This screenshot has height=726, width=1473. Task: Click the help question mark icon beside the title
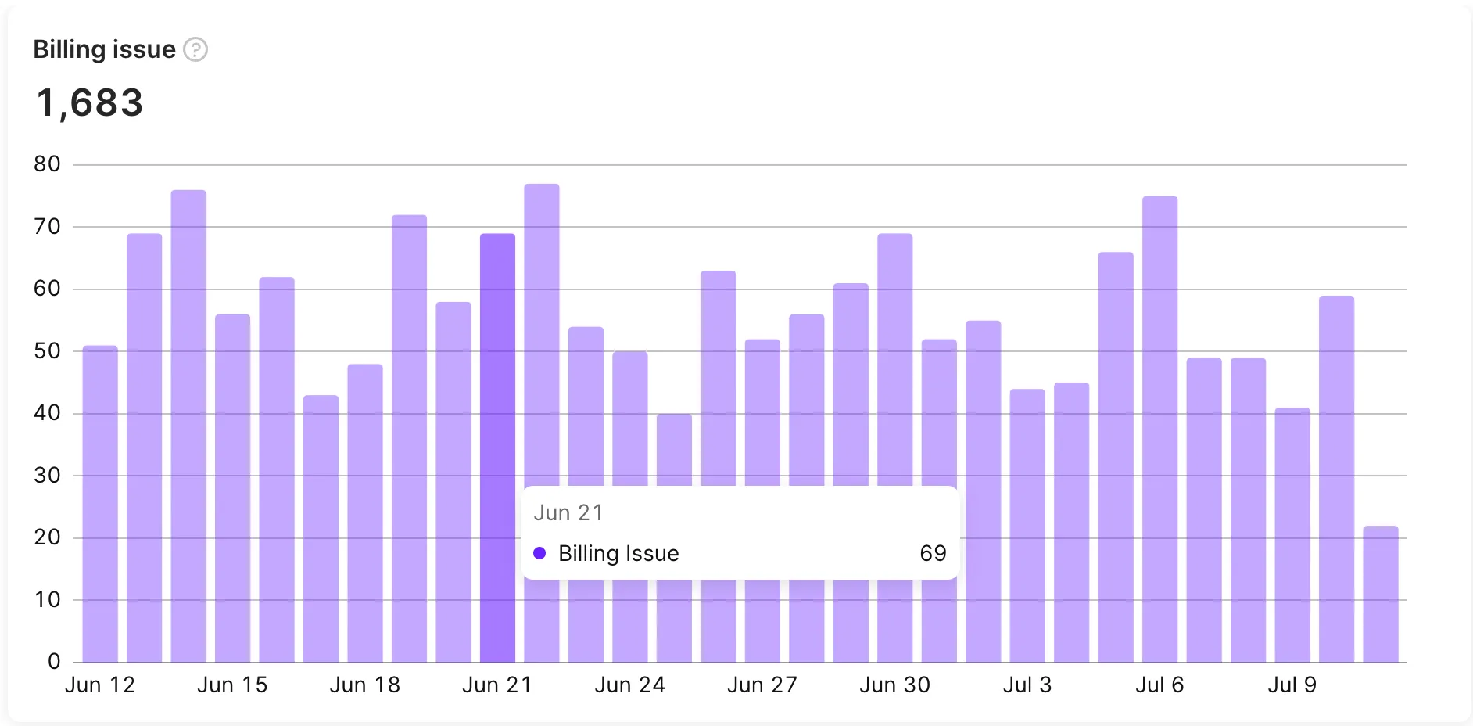click(x=195, y=49)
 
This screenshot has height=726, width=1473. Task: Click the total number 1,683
click(x=90, y=102)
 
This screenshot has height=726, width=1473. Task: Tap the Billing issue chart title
click(x=104, y=49)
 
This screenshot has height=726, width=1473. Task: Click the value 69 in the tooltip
click(x=933, y=553)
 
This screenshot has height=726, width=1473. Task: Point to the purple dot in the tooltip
click(x=539, y=553)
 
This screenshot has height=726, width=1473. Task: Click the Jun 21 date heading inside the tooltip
click(x=568, y=512)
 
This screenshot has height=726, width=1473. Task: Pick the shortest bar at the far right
click(x=1380, y=595)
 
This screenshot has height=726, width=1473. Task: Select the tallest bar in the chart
click(x=542, y=336)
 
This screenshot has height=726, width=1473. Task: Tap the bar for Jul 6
click(x=1159, y=430)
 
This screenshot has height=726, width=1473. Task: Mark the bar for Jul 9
click(x=1292, y=532)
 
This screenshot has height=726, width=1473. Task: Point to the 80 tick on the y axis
click(x=47, y=164)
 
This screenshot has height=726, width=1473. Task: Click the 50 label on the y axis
click(x=47, y=351)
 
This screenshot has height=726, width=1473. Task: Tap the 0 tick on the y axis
click(x=53, y=662)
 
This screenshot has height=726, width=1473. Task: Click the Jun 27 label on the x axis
click(x=762, y=685)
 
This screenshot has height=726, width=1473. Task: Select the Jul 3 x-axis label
click(x=1027, y=685)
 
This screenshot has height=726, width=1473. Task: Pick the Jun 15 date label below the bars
click(x=232, y=685)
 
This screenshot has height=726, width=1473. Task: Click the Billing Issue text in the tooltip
click(x=618, y=553)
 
